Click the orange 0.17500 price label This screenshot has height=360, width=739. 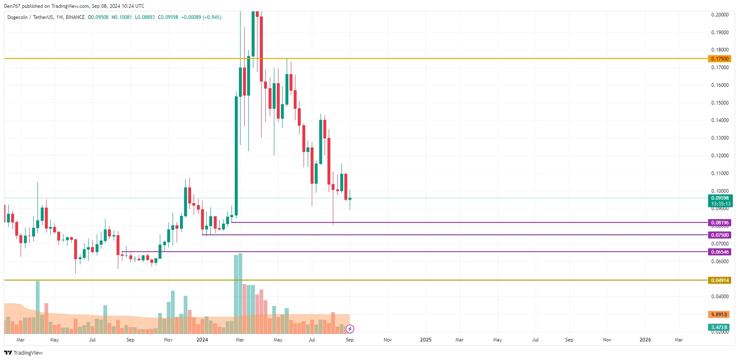(720, 59)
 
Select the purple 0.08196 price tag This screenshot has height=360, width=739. (720, 223)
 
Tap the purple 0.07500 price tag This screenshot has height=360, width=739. (720, 235)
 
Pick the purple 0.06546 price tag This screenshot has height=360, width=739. (720, 252)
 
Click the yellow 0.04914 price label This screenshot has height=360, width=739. (720, 281)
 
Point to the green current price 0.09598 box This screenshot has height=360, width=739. (720, 201)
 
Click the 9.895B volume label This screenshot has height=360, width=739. (719, 315)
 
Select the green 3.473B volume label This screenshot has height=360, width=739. (719, 327)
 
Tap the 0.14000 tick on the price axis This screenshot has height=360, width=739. (720, 120)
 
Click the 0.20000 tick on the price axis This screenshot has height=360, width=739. (720, 15)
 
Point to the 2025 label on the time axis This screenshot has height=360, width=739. (426, 340)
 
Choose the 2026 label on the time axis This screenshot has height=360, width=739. (645, 340)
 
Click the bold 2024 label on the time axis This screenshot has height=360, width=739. (202, 340)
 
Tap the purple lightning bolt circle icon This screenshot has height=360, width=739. (350, 329)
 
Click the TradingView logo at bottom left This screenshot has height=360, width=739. (23, 353)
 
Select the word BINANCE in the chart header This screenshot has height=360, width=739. (75, 17)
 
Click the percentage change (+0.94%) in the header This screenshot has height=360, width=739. (212, 17)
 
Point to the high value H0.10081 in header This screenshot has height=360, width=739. (122, 17)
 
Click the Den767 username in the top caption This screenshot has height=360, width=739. (12, 6)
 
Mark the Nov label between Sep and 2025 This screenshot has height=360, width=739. (388, 340)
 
